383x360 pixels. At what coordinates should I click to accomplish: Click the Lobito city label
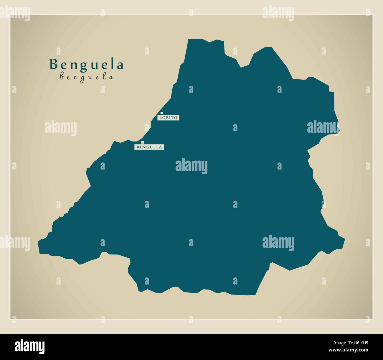pyautogui.click(x=169, y=118)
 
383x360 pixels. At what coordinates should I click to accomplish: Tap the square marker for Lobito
pyautogui.click(x=161, y=113)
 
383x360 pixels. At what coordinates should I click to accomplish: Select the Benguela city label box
pyautogui.click(x=149, y=147)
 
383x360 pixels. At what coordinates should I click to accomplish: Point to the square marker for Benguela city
pyautogui.click(x=143, y=142)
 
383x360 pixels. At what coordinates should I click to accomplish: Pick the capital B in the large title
pyautogui.click(x=54, y=65)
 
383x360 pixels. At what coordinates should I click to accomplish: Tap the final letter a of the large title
pyautogui.click(x=119, y=65)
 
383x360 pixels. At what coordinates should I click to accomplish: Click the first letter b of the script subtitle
pyautogui.click(x=62, y=77)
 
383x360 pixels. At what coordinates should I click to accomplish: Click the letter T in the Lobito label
pyautogui.click(x=173, y=118)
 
